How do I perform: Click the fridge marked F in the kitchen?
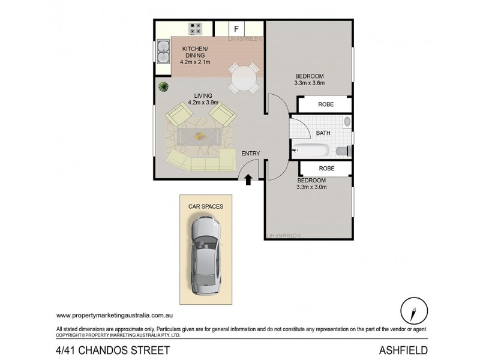point(236,28)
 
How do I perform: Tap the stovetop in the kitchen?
point(196,28)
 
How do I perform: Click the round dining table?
point(244,77)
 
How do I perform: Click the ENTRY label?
point(250,154)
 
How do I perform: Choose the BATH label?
point(323,133)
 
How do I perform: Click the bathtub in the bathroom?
point(310,150)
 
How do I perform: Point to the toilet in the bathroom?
point(344,151)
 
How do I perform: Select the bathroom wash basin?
point(347,122)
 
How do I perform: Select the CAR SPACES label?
point(206,206)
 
